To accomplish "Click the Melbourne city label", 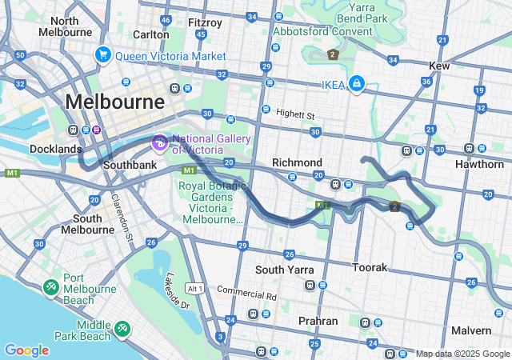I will [115, 102].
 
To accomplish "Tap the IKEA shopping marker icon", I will [358, 83].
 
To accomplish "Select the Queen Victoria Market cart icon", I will [102, 55].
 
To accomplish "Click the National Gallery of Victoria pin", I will [159, 143].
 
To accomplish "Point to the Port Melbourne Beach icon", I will [51, 286].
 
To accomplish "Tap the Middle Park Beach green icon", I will [122, 328].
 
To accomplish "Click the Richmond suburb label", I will [297, 162].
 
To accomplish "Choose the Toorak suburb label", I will [370, 266].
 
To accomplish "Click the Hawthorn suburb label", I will [479, 163].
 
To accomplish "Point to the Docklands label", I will [56, 149].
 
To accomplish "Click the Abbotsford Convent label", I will [322, 31].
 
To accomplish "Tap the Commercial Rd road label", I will [246, 294].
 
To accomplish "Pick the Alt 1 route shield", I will [194, 288].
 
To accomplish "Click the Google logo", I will [26, 350].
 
